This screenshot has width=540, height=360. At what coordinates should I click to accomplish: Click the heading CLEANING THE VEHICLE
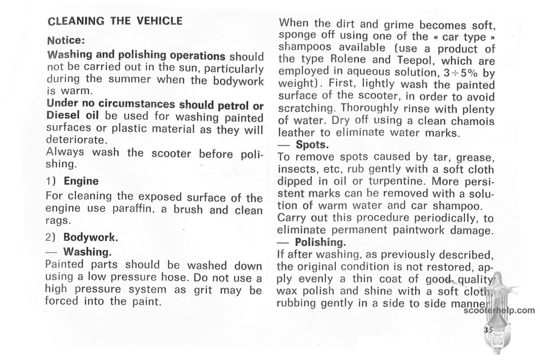pyautogui.click(x=115, y=21)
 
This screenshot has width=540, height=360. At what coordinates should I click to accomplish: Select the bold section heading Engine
pyautogui.click(x=81, y=181)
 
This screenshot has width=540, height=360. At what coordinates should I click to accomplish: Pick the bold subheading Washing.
pyautogui.click(x=87, y=252)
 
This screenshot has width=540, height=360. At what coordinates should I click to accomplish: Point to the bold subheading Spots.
pyautogui.click(x=312, y=144)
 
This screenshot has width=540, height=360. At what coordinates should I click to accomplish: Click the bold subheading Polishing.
pyautogui.click(x=320, y=242)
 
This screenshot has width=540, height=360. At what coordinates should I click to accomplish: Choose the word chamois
pyautogui.click(x=472, y=121)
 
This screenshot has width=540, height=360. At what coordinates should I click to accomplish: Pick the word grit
pyautogui.click(x=203, y=290)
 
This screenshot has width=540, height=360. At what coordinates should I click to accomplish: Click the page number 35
pyautogui.click(x=488, y=330)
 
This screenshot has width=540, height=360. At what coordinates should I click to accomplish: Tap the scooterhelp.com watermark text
pyautogui.click(x=499, y=310)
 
